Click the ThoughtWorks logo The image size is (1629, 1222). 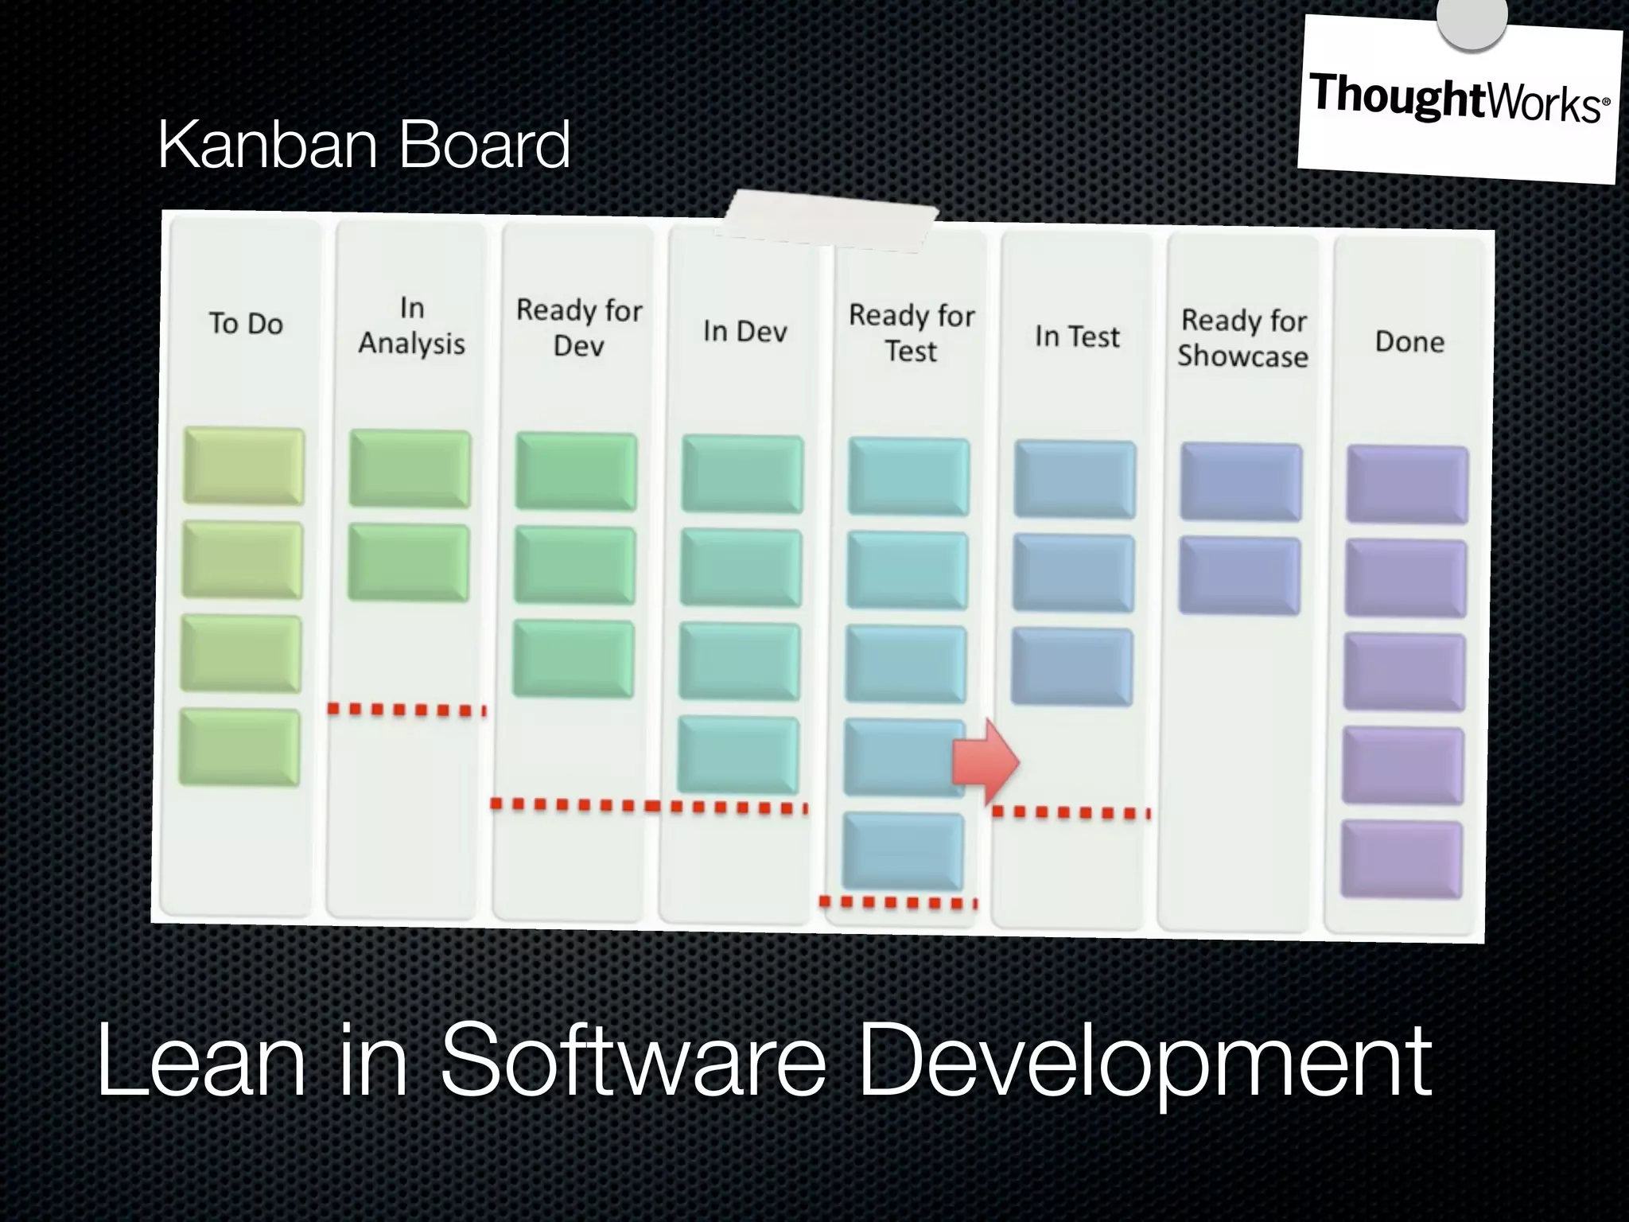coord(1458,99)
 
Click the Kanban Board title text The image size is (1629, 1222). coord(364,145)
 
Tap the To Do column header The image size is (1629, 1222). coord(246,324)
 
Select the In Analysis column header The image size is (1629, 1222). coord(411,325)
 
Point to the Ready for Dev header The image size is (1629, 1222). coord(578,327)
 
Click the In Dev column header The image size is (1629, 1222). coord(745,331)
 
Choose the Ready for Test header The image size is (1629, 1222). coord(912,333)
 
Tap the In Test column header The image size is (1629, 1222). coord(1077,337)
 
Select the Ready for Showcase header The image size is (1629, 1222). coord(1243,338)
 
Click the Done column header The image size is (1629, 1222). coord(1409,341)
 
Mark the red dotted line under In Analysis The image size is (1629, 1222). coord(406,710)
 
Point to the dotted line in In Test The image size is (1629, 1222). coord(1071,812)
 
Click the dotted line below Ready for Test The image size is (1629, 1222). coord(898,902)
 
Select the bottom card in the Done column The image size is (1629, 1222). coord(1402,860)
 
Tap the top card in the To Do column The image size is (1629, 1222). coord(243,466)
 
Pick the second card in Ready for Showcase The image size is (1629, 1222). coord(1239,576)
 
